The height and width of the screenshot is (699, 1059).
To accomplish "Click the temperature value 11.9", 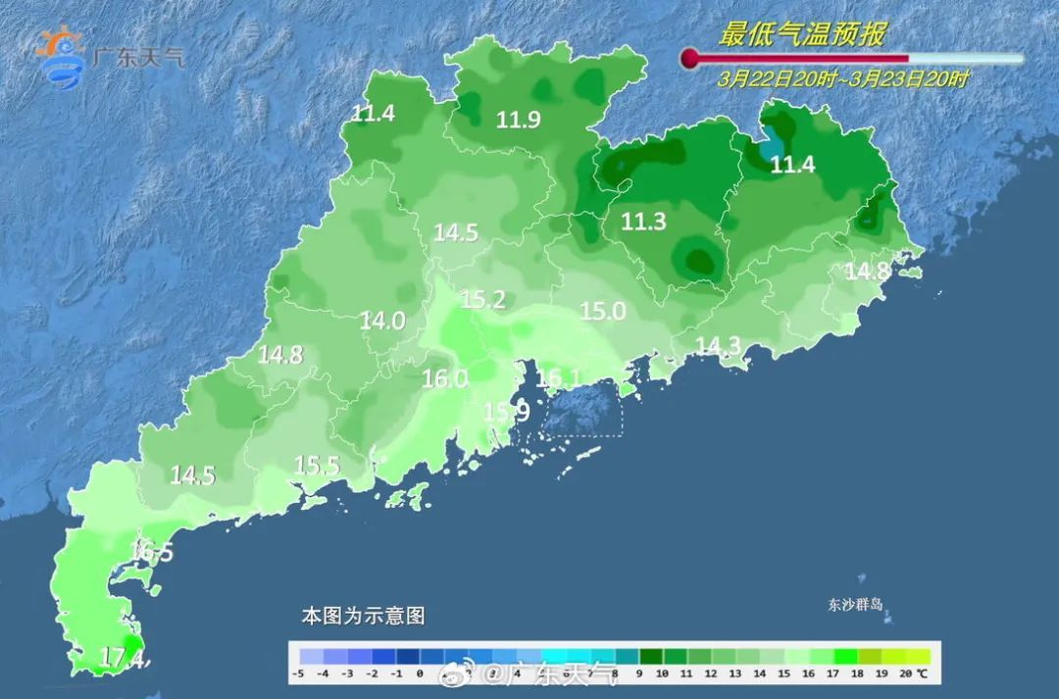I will click(518, 120).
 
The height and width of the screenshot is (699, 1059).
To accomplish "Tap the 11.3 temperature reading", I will click(643, 223).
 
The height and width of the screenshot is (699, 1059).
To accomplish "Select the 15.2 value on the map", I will click(482, 300).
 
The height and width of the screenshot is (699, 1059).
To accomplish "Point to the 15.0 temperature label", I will click(602, 311).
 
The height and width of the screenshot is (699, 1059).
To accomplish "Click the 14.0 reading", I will click(382, 321).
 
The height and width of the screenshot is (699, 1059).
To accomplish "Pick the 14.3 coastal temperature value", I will click(718, 345).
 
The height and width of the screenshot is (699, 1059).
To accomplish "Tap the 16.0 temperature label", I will click(444, 378).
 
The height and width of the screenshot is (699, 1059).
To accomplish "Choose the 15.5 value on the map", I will click(317, 466).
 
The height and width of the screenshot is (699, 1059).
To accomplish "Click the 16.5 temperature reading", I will click(151, 553).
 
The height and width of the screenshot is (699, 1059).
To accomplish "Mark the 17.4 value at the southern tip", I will click(123, 657).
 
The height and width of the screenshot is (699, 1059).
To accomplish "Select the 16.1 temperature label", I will click(559, 377).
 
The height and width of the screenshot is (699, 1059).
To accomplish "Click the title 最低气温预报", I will click(802, 35).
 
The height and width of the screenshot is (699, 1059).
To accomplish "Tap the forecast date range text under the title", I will click(842, 79).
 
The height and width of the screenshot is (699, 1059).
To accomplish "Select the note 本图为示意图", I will click(362, 616).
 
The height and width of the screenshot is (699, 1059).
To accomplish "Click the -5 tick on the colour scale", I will click(299, 674).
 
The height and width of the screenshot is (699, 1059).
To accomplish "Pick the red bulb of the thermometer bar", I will click(690, 58).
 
